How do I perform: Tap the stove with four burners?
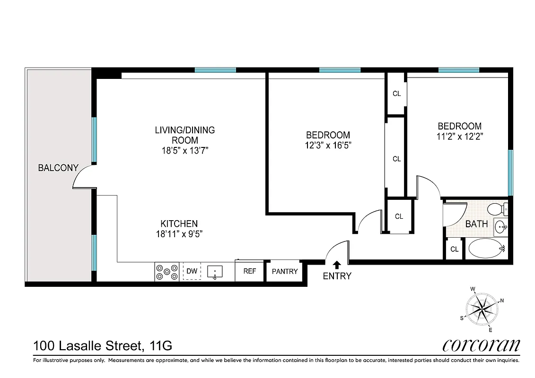click(167, 271)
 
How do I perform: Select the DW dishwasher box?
click(192, 271)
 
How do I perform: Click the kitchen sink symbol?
click(215, 271)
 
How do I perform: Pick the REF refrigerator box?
click(249, 271)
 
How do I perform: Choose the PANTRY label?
click(285, 271)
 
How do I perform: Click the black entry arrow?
click(337, 265)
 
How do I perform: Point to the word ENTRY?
click(337, 276)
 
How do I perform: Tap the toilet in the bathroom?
click(497, 208)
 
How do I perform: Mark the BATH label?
click(476, 224)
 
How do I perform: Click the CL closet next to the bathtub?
click(455, 249)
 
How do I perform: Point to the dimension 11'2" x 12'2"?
click(459, 136)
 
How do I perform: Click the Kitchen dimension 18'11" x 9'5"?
click(179, 233)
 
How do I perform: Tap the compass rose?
click(482, 309)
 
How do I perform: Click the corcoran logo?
click(481, 345)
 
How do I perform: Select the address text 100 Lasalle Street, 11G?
click(103, 346)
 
